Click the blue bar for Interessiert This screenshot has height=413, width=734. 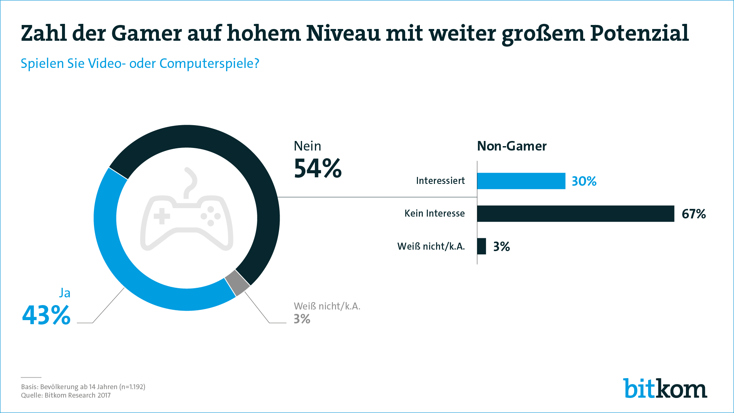521,181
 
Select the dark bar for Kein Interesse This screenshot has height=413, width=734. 575,214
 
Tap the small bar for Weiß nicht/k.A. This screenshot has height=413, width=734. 482,246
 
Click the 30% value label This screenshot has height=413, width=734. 584,181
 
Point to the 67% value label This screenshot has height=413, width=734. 694,214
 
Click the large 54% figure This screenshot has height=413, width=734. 318,169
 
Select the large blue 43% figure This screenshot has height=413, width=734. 46,315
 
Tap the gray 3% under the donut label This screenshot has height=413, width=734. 302,319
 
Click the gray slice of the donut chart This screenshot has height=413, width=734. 237,283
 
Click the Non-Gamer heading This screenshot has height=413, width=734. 512,146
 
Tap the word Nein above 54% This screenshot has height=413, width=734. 308,146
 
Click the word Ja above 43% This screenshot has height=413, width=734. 65,293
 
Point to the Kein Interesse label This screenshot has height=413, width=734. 435,213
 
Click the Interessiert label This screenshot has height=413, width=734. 440,181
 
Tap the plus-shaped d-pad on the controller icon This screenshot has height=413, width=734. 162,216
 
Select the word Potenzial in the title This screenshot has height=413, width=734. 639,33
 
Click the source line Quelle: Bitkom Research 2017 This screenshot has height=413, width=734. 66,395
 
